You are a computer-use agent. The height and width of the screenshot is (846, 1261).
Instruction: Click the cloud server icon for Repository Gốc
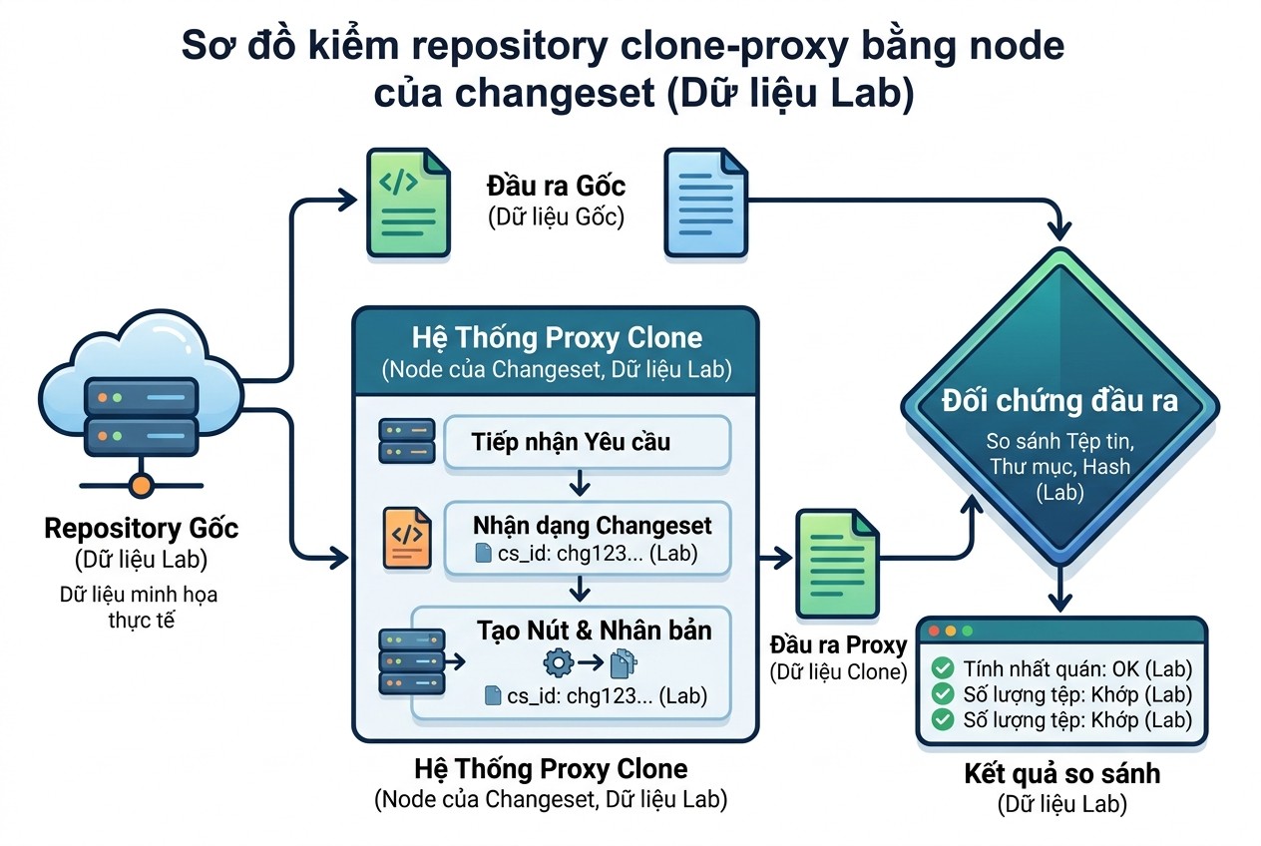141,388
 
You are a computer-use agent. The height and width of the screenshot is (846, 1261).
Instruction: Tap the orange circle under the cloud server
141,485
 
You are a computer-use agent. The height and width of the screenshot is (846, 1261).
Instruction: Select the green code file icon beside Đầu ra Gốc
408,203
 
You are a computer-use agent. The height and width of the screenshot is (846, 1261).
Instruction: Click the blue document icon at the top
706,203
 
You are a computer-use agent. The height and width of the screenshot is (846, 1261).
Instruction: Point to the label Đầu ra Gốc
557,187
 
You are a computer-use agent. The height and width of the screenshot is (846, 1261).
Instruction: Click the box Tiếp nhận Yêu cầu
588,442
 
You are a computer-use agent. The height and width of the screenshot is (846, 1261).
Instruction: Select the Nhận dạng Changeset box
588,539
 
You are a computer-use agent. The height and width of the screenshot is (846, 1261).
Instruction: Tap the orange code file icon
407,538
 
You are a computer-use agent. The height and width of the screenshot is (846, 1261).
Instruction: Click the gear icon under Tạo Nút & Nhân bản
558,662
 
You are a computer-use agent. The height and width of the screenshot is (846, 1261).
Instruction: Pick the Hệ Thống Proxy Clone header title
557,338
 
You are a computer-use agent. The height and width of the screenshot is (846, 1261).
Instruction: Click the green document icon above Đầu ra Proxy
837,564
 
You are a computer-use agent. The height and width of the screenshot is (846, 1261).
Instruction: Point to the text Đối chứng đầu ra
1060,401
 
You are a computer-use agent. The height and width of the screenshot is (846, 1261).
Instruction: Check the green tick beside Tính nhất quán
943,668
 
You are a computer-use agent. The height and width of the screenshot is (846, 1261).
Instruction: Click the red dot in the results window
934,631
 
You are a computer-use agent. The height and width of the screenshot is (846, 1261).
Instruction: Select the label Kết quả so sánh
1062,773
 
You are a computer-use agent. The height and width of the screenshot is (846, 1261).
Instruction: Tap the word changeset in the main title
555,93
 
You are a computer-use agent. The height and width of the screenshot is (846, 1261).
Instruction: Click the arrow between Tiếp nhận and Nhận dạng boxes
580,484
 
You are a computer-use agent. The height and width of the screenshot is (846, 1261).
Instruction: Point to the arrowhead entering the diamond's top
1059,230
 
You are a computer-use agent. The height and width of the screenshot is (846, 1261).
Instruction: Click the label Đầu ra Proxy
838,645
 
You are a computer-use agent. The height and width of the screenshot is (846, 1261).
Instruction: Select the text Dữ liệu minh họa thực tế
139,608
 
